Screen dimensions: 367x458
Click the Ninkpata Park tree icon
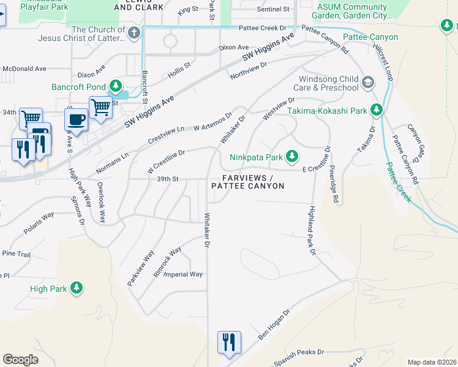(x=292, y=157)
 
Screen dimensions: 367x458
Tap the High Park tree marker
(x=76, y=287)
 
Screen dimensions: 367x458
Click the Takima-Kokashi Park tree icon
(x=377, y=111)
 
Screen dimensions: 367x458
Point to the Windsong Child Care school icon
(x=368, y=82)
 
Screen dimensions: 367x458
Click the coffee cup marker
(x=77, y=119)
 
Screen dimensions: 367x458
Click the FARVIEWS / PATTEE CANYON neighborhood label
(x=248, y=182)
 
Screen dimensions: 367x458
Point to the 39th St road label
(x=167, y=179)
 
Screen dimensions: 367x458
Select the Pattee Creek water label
(x=399, y=182)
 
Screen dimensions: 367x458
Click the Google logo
(x=20, y=359)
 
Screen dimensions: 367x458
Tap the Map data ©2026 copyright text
(x=432, y=362)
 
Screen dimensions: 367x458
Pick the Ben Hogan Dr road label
(x=274, y=325)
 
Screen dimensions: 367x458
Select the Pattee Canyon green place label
(x=370, y=37)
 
